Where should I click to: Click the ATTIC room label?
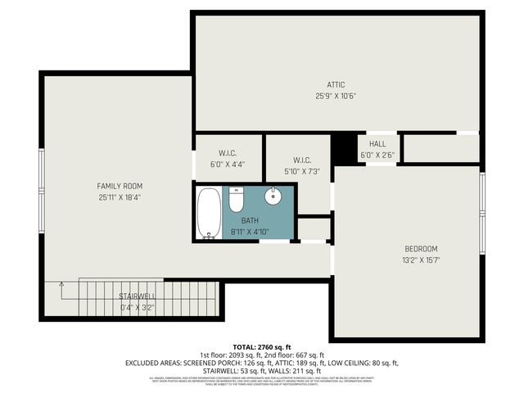coord(336,84)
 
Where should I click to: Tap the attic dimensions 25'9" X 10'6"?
coord(336,96)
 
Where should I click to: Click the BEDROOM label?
coord(421,249)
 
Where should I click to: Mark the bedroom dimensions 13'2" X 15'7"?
coord(421,260)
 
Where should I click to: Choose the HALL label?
coord(377,144)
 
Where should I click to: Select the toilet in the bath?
coord(237,200)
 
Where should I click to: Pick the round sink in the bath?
coord(273,197)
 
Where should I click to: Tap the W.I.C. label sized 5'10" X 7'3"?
coord(300,160)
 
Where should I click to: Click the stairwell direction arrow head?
coord(61,283)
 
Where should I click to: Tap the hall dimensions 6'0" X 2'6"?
coord(377,155)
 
